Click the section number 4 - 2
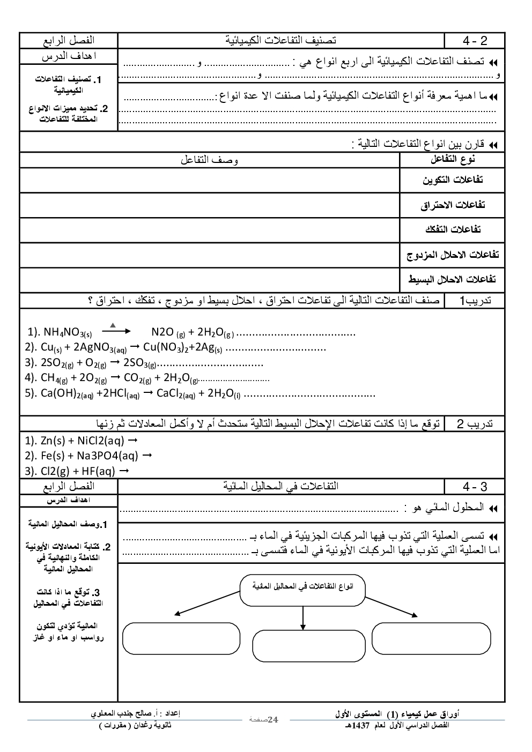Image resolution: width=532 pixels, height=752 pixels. coord(475,41)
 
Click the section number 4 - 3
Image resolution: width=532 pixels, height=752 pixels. coord(475,487)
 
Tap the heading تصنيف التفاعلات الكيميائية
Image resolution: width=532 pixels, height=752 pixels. coord(280,41)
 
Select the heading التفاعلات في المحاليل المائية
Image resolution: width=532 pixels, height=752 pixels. coord(280,487)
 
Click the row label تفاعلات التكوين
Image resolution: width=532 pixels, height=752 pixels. coord(453,180)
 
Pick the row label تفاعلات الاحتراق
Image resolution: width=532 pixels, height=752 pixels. coord(453,205)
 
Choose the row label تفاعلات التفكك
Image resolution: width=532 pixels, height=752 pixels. coord(453,230)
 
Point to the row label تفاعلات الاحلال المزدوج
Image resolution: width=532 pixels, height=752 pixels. coord(453,255)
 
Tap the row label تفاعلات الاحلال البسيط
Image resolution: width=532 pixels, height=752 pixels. coord(453,279)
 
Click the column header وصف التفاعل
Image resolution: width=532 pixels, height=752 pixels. coord(209,160)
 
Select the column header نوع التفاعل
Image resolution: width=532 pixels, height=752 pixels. coord(453,160)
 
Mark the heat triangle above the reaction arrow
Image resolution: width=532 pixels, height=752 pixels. coord(113,325)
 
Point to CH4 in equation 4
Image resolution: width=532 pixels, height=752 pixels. coord(54,378)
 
